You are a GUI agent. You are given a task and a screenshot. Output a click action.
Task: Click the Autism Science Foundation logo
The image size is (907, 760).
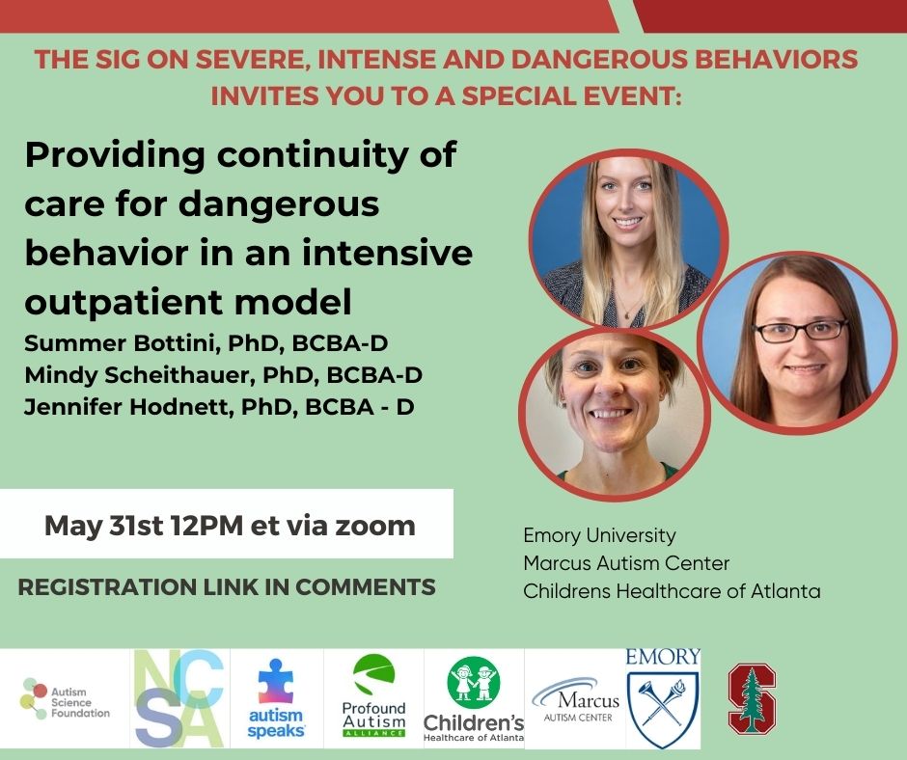66,698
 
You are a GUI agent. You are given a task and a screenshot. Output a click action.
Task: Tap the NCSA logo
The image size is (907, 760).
179,698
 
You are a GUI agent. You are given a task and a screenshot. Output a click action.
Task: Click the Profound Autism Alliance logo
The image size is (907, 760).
374,697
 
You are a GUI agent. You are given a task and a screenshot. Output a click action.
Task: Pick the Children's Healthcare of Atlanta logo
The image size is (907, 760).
473,699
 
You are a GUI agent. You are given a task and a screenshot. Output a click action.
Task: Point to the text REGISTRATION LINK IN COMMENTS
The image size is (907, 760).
227,586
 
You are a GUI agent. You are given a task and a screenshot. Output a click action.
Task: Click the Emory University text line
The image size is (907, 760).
599,534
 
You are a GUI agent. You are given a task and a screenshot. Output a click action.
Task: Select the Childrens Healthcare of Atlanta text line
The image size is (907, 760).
672,591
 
